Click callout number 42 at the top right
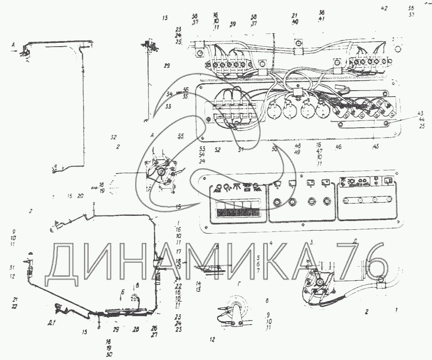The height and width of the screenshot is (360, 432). pos(384,8)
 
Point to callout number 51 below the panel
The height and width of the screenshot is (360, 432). pos(241,150)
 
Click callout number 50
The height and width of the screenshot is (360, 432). pos(275,149)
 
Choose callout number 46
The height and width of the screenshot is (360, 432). pos(338,147)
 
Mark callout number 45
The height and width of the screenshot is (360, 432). pos(376,146)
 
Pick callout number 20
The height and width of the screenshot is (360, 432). pos(80,196)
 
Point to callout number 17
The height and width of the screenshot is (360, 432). pos(178,251)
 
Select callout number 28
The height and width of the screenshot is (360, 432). pos(136,329)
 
